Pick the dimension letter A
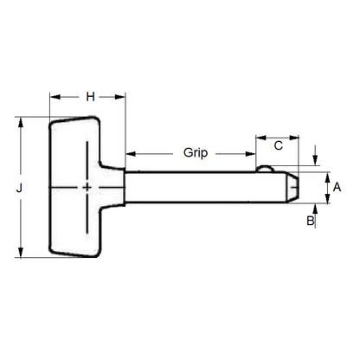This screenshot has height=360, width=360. point(337,187)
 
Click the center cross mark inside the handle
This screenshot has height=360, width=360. point(87,187)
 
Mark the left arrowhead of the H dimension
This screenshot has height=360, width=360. point(54,97)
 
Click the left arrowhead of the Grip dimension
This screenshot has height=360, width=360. point(130,153)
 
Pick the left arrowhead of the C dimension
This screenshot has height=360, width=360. point(259,138)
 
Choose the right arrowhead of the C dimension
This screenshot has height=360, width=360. point(296,138)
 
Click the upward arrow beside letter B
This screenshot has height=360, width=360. point(313,209)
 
